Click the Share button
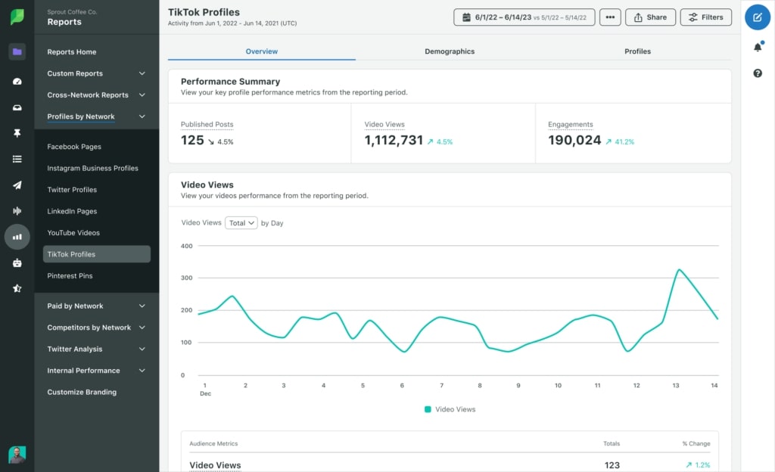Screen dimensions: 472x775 pyautogui.click(x=650, y=17)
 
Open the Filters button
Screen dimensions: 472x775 pyautogui.click(x=705, y=17)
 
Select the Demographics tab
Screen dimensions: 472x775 pyautogui.click(x=450, y=51)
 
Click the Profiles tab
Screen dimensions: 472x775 pyautogui.click(x=637, y=51)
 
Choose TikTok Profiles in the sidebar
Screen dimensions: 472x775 pyautogui.click(x=96, y=254)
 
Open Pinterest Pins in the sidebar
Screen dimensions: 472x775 pyautogui.click(x=70, y=276)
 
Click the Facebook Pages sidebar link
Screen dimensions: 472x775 pyautogui.click(x=74, y=147)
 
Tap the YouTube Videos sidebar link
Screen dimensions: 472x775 pyautogui.click(x=73, y=233)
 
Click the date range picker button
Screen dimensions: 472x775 pyautogui.click(x=524, y=17)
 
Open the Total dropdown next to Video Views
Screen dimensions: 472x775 pyautogui.click(x=241, y=223)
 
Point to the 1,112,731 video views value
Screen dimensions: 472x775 pyautogui.click(x=394, y=141)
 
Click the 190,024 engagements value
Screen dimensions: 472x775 pyautogui.click(x=574, y=141)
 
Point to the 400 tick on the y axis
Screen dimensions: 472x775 pyautogui.click(x=187, y=246)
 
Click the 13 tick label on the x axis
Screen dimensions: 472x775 pyautogui.click(x=676, y=386)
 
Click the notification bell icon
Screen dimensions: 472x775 pyautogui.click(x=758, y=47)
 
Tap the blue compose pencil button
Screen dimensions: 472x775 pyautogui.click(x=758, y=17)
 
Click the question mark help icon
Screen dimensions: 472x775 pyautogui.click(x=758, y=73)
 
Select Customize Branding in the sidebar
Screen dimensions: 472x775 pyautogui.click(x=82, y=393)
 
